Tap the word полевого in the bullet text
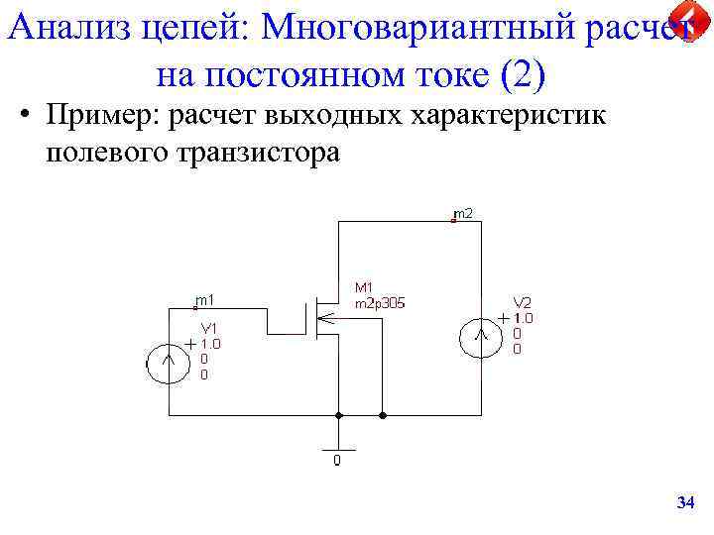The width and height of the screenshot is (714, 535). (x=103, y=154)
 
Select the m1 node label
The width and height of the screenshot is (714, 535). (x=205, y=299)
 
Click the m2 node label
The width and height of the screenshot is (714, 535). (x=462, y=213)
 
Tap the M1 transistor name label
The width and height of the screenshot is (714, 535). (x=363, y=288)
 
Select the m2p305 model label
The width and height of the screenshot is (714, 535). (x=380, y=303)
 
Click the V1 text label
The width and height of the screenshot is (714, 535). (x=210, y=328)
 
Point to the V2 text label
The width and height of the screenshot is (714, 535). (x=522, y=302)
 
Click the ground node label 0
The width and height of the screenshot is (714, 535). (x=337, y=461)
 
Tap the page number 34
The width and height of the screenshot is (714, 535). (x=684, y=504)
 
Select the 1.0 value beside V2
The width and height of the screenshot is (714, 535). (x=523, y=318)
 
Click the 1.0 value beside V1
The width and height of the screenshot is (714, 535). (x=211, y=344)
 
